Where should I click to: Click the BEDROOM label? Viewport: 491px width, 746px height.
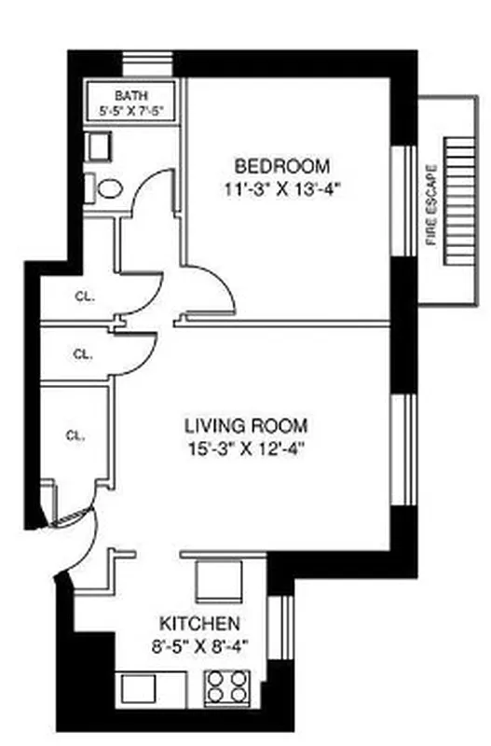(281, 167)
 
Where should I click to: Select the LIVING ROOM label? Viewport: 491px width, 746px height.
(245, 426)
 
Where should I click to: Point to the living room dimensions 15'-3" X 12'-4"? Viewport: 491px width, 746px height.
(245, 448)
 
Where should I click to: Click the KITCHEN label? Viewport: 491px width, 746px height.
(200, 623)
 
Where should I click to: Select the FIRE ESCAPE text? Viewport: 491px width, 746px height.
(430, 205)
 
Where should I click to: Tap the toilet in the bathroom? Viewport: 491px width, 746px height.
(108, 189)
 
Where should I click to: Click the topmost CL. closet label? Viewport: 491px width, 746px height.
(84, 297)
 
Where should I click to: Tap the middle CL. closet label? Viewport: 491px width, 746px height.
(82, 354)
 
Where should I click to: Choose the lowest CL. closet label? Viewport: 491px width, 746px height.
(76, 435)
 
